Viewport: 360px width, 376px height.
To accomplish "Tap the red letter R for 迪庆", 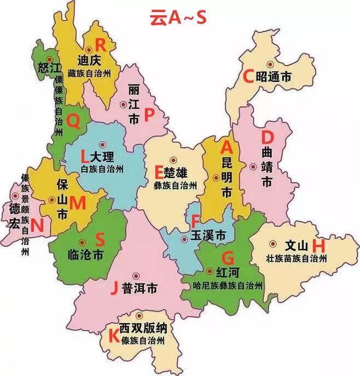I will pos(101,45).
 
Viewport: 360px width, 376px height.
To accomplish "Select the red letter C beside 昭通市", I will pos(248,77).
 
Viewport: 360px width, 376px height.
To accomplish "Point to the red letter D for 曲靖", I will pos(267,136).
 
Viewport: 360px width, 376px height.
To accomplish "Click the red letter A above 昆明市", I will pos(227,147).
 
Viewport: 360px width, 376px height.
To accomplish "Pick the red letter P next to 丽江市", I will pos(149,115).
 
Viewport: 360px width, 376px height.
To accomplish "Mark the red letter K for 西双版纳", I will pos(113,336).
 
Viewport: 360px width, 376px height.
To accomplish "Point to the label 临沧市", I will pos(84,255).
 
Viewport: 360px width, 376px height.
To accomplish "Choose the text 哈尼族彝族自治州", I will pos(224,285).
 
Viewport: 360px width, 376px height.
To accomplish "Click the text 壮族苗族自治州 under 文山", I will pos(296,258).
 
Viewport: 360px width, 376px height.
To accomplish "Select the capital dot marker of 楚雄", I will pos(173,160).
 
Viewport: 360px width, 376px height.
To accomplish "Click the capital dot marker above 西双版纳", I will pos(140,315).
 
